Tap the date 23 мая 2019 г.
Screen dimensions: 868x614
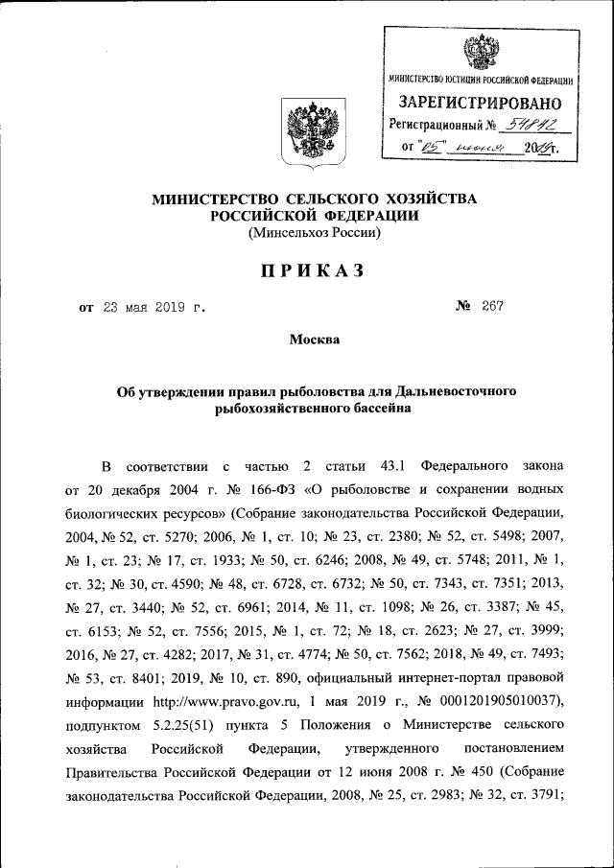pos(151,308)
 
